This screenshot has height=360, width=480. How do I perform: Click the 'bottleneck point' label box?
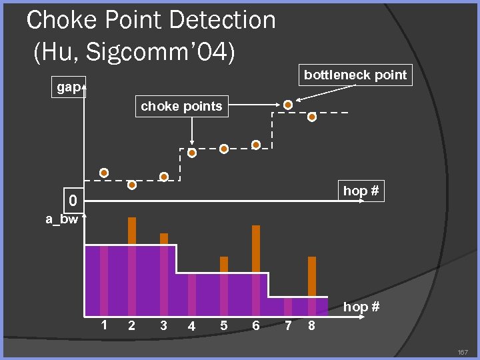pyautogui.click(x=355, y=75)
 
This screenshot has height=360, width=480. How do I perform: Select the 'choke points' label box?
pyautogui.click(x=181, y=106)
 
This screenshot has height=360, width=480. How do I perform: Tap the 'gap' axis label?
pyautogui.click(x=68, y=87)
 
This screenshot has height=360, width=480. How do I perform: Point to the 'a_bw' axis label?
pyautogui.click(x=61, y=219)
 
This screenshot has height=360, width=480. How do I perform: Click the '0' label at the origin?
pyautogui.click(x=72, y=200)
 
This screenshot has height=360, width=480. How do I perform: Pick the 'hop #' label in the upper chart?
pyautogui.click(x=361, y=191)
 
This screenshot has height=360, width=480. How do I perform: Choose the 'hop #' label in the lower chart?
pyautogui.click(x=361, y=307)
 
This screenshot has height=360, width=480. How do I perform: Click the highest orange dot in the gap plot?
pyautogui.click(x=287, y=105)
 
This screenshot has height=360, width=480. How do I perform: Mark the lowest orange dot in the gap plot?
pyautogui.click(x=132, y=185)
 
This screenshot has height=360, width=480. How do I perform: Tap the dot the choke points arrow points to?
pyautogui.click(x=192, y=153)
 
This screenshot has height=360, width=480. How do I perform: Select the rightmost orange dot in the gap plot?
pyautogui.click(x=312, y=117)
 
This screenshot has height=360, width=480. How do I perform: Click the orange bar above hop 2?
pyautogui.click(x=132, y=231)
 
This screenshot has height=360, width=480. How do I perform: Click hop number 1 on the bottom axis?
pyautogui.click(x=103, y=325)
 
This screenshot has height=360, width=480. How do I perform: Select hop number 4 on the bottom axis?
pyautogui.click(x=191, y=326)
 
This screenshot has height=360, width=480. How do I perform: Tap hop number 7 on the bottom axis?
pyautogui.click(x=287, y=325)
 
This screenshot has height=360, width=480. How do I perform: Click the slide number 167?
pyautogui.click(x=462, y=351)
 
